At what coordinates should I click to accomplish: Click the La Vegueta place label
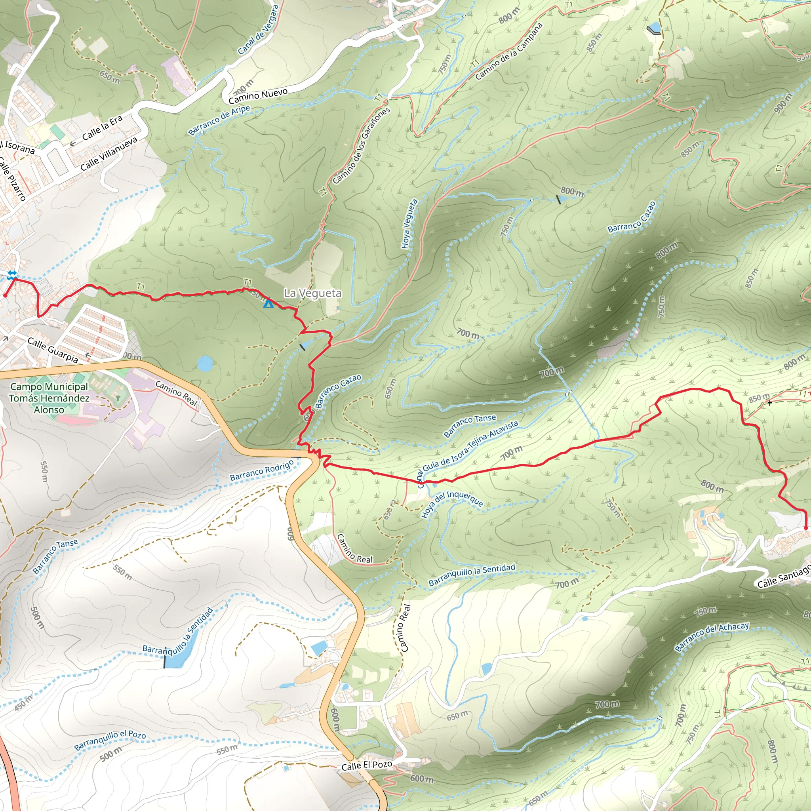(x=312, y=293)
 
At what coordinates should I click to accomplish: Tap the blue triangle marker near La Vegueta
(x=268, y=303)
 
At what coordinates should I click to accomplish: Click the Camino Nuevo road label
(x=258, y=96)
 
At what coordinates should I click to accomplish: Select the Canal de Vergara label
(x=258, y=30)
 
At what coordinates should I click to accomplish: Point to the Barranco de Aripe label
(x=219, y=120)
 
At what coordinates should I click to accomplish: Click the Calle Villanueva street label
(x=109, y=154)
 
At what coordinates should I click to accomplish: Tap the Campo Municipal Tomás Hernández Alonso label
(x=49, y=398)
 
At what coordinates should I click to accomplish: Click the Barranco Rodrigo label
(x=262, y=471)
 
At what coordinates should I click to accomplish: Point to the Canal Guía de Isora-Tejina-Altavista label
(x=468, y=453)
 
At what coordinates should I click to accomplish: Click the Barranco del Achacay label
(x=712, y=637)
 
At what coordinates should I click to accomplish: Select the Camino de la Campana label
(x=509, y=51)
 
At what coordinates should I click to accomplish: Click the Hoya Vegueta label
(x=409, y=224)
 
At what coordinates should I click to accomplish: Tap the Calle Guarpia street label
(x=53, y=350)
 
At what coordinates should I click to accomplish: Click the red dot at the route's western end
(x=5, y=295)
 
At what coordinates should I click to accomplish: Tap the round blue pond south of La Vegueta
(x=205, y=364)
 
